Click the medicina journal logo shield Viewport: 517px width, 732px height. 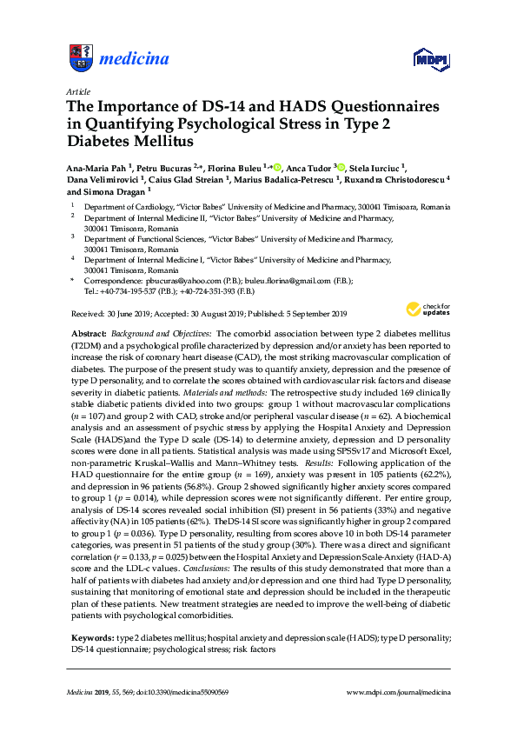point(79,59)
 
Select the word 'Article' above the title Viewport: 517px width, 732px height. point(76,90)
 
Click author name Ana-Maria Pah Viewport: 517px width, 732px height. point(96,168)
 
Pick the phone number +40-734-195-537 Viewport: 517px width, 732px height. point(131,293)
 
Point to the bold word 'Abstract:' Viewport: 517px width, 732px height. point(89,334)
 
